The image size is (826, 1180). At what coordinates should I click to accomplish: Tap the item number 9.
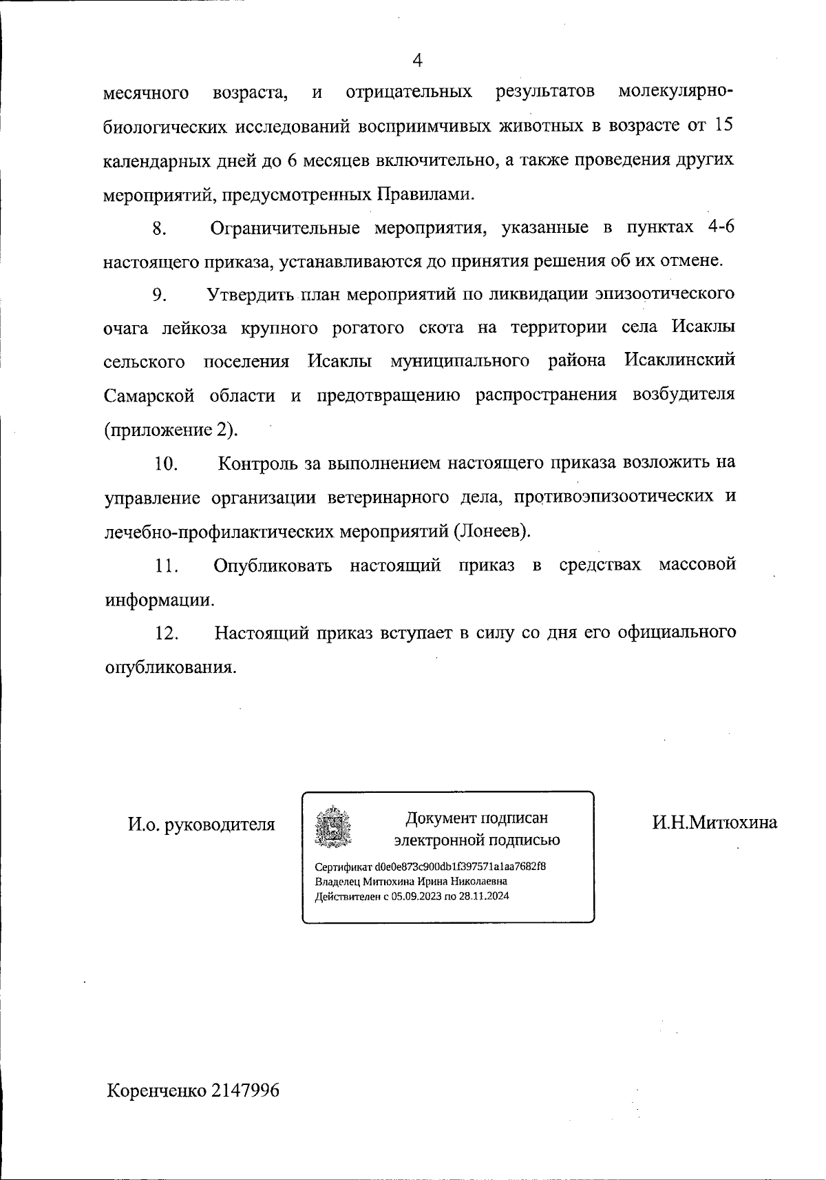pos(160,295)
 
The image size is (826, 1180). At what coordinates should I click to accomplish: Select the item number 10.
pos(167,464)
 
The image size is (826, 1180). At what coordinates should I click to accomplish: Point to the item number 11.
pos(167,566)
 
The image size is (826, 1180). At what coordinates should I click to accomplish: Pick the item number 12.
pos(167,633)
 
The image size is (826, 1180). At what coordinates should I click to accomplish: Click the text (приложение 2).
pos(171,430)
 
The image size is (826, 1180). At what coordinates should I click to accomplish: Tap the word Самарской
pos(149,396)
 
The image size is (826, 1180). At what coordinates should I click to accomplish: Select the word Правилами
pos(425,194)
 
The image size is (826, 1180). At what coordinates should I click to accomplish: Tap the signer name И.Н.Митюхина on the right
pos(715,822)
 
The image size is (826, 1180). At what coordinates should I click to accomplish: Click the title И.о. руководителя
pos(201,824)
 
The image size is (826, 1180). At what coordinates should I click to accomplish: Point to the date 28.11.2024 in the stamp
pos(485,896)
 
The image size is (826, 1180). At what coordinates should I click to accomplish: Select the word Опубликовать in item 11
pos(273,566)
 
